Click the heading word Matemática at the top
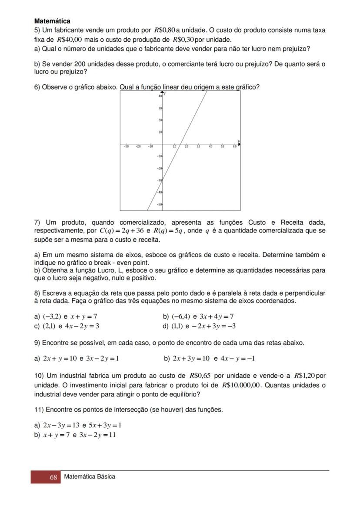52,21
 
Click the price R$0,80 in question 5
165,30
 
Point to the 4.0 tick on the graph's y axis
160,96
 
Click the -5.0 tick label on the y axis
160,204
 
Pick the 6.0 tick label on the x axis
234,147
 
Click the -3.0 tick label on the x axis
126,147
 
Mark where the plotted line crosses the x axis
182,144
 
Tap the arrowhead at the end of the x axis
239,144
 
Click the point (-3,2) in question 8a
52,316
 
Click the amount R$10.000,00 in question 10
241,385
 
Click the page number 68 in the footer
53,477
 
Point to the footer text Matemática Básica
90,477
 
